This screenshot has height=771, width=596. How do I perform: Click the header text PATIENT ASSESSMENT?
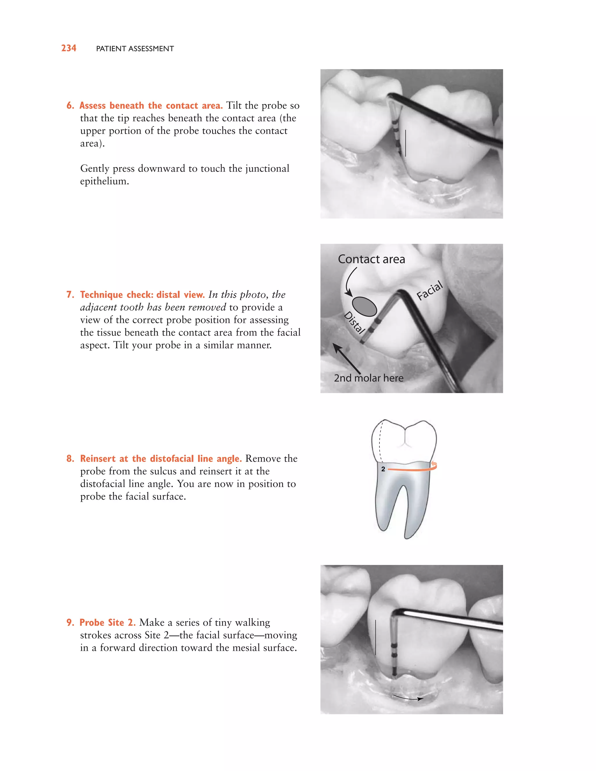pyautogui.click(x=135, y=49)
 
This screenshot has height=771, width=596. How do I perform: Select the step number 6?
pyautogui.click(x=70, y=106)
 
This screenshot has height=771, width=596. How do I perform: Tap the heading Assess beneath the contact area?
pyautogui.click(x=151, y=106)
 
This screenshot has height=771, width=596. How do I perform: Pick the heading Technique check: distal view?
pyautogui.click(x=142, y=294)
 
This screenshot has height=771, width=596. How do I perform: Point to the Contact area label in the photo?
pyautogui.click(x=371, y=259)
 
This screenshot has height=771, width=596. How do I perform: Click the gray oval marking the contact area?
pyautogui.click(x=364, y=306)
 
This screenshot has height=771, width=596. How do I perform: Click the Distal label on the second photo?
pyautogui.click(x=354, y=323)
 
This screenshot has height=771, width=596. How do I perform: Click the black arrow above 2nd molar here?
pyautogui.click(x=347, y=359)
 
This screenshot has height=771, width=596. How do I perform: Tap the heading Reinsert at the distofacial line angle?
pyautogui.click(x=161, y=459)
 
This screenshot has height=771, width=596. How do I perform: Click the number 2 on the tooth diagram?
pyautogui.click(x=383, y=469)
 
